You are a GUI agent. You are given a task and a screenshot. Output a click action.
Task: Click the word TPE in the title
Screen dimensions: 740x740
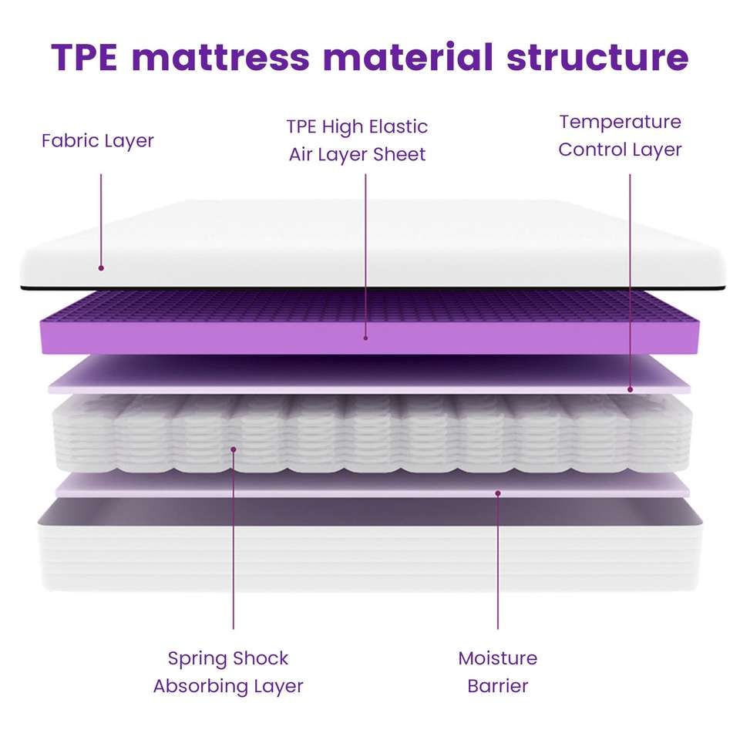(x=84, y=58)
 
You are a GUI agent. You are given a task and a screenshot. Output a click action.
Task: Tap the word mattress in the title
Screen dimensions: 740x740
(x=220, y=58)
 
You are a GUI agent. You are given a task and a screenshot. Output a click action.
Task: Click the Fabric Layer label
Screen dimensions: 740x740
(x=98, y=141)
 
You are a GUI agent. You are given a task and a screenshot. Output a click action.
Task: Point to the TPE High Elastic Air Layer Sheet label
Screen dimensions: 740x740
(x=357, y=140)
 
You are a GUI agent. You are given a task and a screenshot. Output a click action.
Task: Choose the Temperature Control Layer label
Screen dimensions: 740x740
(x=620, y=136)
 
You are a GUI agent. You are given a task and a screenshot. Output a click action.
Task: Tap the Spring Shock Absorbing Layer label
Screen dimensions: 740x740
(x=228, y=672)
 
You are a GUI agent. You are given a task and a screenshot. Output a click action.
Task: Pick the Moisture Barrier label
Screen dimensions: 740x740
(x=497, y=672)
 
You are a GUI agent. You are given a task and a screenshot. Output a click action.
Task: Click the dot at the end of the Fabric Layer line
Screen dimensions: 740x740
(x=101, y=268)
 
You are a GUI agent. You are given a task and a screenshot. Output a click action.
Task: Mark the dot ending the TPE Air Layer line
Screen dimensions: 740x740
(x=365, y=337)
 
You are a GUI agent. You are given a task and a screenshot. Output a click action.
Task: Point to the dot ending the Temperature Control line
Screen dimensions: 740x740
(x=630, y=390)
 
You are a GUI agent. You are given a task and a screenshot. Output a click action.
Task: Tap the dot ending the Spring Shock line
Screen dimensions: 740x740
(x=233, y=448)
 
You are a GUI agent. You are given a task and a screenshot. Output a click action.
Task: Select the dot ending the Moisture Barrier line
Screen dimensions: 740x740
(x=498, y=493)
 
